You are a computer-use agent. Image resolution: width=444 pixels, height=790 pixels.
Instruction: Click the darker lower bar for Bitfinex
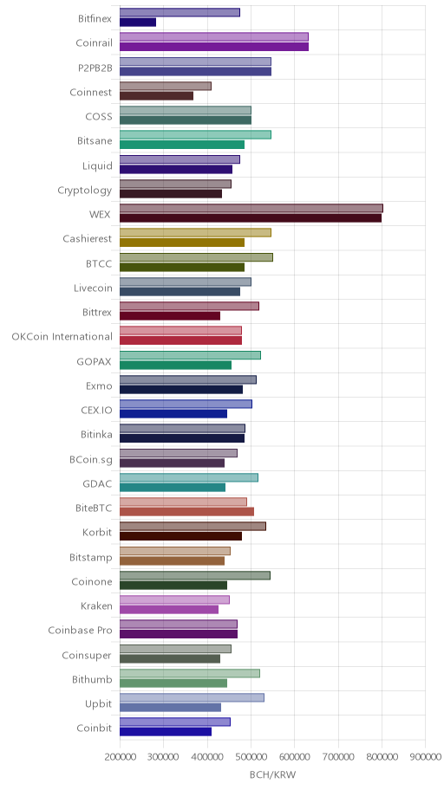coord(138,23)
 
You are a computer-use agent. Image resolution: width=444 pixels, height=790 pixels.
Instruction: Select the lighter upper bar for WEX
coord(251,209)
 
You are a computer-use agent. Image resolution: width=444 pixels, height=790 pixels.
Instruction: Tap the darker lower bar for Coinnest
coord(156,96)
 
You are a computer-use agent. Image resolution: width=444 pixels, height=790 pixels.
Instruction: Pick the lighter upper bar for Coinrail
coord(214,36)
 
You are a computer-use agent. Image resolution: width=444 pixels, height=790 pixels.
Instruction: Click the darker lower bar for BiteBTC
coord(186,512)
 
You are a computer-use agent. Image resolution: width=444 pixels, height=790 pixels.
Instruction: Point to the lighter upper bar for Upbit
coord(193,698)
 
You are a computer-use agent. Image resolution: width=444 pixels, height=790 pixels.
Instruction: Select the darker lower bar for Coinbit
coord(166,732)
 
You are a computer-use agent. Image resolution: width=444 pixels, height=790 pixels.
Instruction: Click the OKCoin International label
coord(62,337)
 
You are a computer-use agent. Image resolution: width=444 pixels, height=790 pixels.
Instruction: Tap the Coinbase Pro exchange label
coord(81,631)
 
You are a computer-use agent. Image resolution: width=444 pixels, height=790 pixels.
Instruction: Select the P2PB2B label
coord(95,68)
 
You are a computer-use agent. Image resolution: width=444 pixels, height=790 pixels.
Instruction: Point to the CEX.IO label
coord(96,410)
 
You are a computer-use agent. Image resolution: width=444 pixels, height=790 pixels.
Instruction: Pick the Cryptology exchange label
coord(85,191)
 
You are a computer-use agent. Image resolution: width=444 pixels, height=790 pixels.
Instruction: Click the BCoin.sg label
coord(91,459)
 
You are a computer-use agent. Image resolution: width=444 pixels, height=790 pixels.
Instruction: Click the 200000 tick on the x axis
coord(120,757)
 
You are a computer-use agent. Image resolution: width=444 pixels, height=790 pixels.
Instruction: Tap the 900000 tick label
coord(425,757)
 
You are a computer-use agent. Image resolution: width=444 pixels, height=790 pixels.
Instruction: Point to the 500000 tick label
coord(251,757)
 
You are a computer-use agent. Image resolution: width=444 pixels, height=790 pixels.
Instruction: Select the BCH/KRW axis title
coord(272,775)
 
